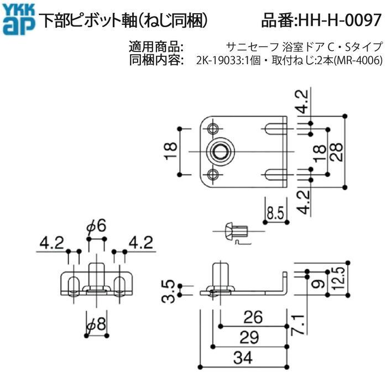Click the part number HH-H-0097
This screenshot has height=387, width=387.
(341, 20)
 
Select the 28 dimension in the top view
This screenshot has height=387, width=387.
(337, 152)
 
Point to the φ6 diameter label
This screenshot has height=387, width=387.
(97, 226)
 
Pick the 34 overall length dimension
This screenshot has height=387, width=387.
(243, 358)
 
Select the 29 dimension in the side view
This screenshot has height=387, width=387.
(249, 337)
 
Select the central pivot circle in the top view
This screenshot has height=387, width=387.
(219, 151)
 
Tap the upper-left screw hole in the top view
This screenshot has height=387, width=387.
(212, 128)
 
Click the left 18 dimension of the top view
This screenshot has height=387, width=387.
(171, 151)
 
